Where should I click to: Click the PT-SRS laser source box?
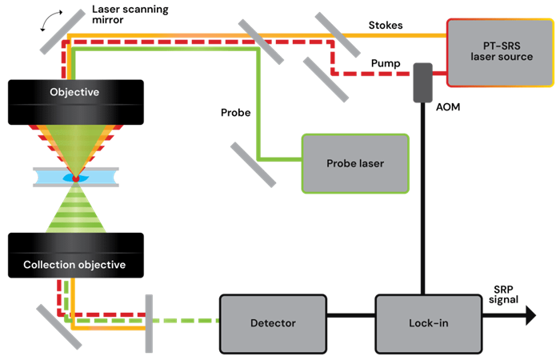coord(500,51)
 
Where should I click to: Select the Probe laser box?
coord(355,163)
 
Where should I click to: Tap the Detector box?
coord(273,322)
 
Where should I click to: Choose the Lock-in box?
coord(420,322)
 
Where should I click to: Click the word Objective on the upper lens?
coord(74,92)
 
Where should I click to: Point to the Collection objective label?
coord(74,265)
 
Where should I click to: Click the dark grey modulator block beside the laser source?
coord(422,82)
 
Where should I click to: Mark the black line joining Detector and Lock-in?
coord(351,322)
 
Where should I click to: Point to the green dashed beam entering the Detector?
coord(188,322)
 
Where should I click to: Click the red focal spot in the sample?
coord(75,178)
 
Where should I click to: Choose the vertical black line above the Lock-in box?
coord(422,200)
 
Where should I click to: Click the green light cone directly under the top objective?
coord(75,144)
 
